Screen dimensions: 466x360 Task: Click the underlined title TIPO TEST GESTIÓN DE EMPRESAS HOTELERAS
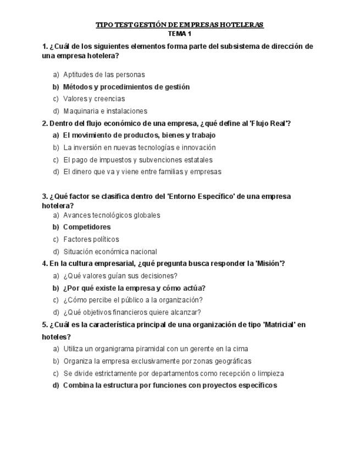[180, 25]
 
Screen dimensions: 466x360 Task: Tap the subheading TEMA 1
[180, 34]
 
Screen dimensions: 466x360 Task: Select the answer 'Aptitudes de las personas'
[104, 75]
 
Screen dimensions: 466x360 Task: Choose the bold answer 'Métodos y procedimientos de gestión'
[126, 87]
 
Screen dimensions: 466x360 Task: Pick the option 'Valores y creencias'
[94, 99]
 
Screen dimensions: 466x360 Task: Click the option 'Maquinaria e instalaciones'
[105, 111]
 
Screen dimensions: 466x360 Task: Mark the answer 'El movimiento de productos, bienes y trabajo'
[139, 135]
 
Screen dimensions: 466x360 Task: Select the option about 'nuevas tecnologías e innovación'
[139, 147]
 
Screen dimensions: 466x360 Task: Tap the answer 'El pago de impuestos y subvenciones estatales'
[137, 160]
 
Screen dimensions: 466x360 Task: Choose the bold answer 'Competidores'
[87, 227]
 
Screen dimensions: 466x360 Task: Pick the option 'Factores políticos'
[91, 240]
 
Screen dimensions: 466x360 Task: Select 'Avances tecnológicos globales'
[112, 215]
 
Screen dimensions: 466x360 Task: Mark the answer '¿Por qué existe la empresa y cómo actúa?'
[134, 288]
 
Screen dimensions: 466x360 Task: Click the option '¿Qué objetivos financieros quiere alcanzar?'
[132, 313]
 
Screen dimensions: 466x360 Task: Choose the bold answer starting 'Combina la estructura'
[170, 385]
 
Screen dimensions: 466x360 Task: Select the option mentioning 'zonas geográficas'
[157, 361]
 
